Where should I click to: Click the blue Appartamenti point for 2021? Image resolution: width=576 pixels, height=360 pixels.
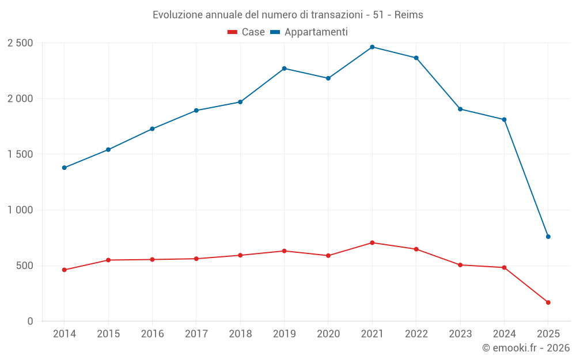click(372, 47)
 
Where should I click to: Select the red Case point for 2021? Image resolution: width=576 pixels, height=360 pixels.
click(372, 242)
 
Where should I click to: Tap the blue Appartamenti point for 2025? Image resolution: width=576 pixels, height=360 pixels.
click(548, 237)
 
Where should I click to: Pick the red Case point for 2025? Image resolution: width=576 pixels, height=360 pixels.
click(548, 302)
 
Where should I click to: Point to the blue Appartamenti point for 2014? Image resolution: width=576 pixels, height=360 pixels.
click(65, 168)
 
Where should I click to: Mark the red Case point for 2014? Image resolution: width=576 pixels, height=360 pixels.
click(65, 270)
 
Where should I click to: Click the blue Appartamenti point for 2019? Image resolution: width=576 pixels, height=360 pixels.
click(284, 69)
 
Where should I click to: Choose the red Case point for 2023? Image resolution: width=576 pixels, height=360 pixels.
click(460, 265)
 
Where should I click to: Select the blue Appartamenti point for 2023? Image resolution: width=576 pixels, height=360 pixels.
click(460, 109)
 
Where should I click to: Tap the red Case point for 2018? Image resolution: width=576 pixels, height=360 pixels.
click(240, 255)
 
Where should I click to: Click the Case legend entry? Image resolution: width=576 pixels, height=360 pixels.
click(247, 32)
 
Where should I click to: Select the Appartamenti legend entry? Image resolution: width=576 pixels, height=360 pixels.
click(309, 32)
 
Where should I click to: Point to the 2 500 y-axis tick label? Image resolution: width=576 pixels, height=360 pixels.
click(20, 43)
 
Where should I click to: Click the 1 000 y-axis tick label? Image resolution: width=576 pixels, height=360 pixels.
click(20, 210)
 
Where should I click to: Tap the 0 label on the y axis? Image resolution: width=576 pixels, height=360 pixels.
click(31, 321)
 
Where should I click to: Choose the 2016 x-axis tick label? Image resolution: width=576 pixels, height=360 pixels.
click(152, 334)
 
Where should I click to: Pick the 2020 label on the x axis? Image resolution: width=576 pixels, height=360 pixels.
click(328, 334)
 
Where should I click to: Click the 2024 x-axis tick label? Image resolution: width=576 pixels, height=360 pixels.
click(504, 334)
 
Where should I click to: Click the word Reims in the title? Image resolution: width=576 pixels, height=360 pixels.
click(410, 15)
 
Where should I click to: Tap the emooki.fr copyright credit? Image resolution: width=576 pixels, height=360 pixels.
click(526, 348)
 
